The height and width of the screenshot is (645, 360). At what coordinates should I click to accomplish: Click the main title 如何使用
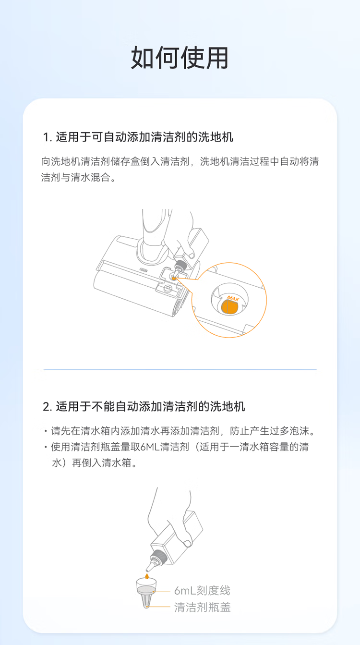point(180,58)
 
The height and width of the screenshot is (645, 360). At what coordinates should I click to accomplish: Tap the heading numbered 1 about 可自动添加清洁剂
point(138,137)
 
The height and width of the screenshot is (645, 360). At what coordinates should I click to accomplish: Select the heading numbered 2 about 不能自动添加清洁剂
point(144,406)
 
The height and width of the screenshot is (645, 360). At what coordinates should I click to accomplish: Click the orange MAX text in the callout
point(233,298)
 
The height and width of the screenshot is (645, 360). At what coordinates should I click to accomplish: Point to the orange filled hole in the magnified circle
point(229,307)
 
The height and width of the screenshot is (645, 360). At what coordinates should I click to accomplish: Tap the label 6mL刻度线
point(202,590)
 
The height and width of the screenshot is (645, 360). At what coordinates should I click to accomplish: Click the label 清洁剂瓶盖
point(202,607)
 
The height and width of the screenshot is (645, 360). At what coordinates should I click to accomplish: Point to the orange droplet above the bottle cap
point(147,576)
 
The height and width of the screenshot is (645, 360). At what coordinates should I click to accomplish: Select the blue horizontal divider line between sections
point(180,369)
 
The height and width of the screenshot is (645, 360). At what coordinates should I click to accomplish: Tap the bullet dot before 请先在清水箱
point(46,431)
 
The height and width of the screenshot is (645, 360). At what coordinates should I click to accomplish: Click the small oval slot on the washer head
point(144,270)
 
